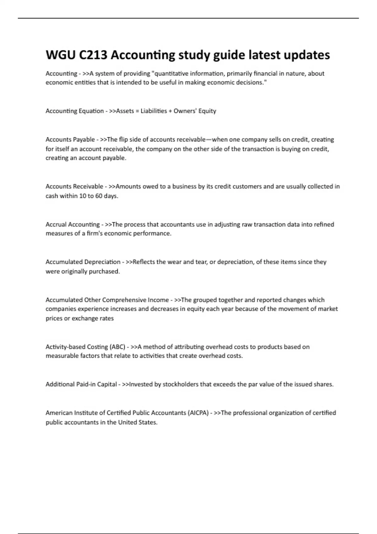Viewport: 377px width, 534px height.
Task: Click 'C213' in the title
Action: (92, 55)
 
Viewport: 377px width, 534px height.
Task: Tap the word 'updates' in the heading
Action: (307, 55)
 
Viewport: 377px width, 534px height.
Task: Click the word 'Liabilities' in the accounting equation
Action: (154, 111)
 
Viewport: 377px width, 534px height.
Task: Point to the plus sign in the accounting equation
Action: (170, 111)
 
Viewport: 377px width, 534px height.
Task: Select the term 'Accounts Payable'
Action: (70, 139)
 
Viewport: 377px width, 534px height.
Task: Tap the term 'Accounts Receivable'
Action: (74, 187)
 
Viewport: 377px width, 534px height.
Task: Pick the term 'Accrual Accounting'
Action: (73, 224)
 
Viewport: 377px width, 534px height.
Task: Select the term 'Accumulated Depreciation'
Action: (83, 262)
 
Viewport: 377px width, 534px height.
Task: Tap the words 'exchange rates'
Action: (93, 319)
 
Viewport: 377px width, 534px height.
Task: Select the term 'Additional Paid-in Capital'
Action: (81, 384)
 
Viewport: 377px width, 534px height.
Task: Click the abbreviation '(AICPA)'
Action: (198, 413)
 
